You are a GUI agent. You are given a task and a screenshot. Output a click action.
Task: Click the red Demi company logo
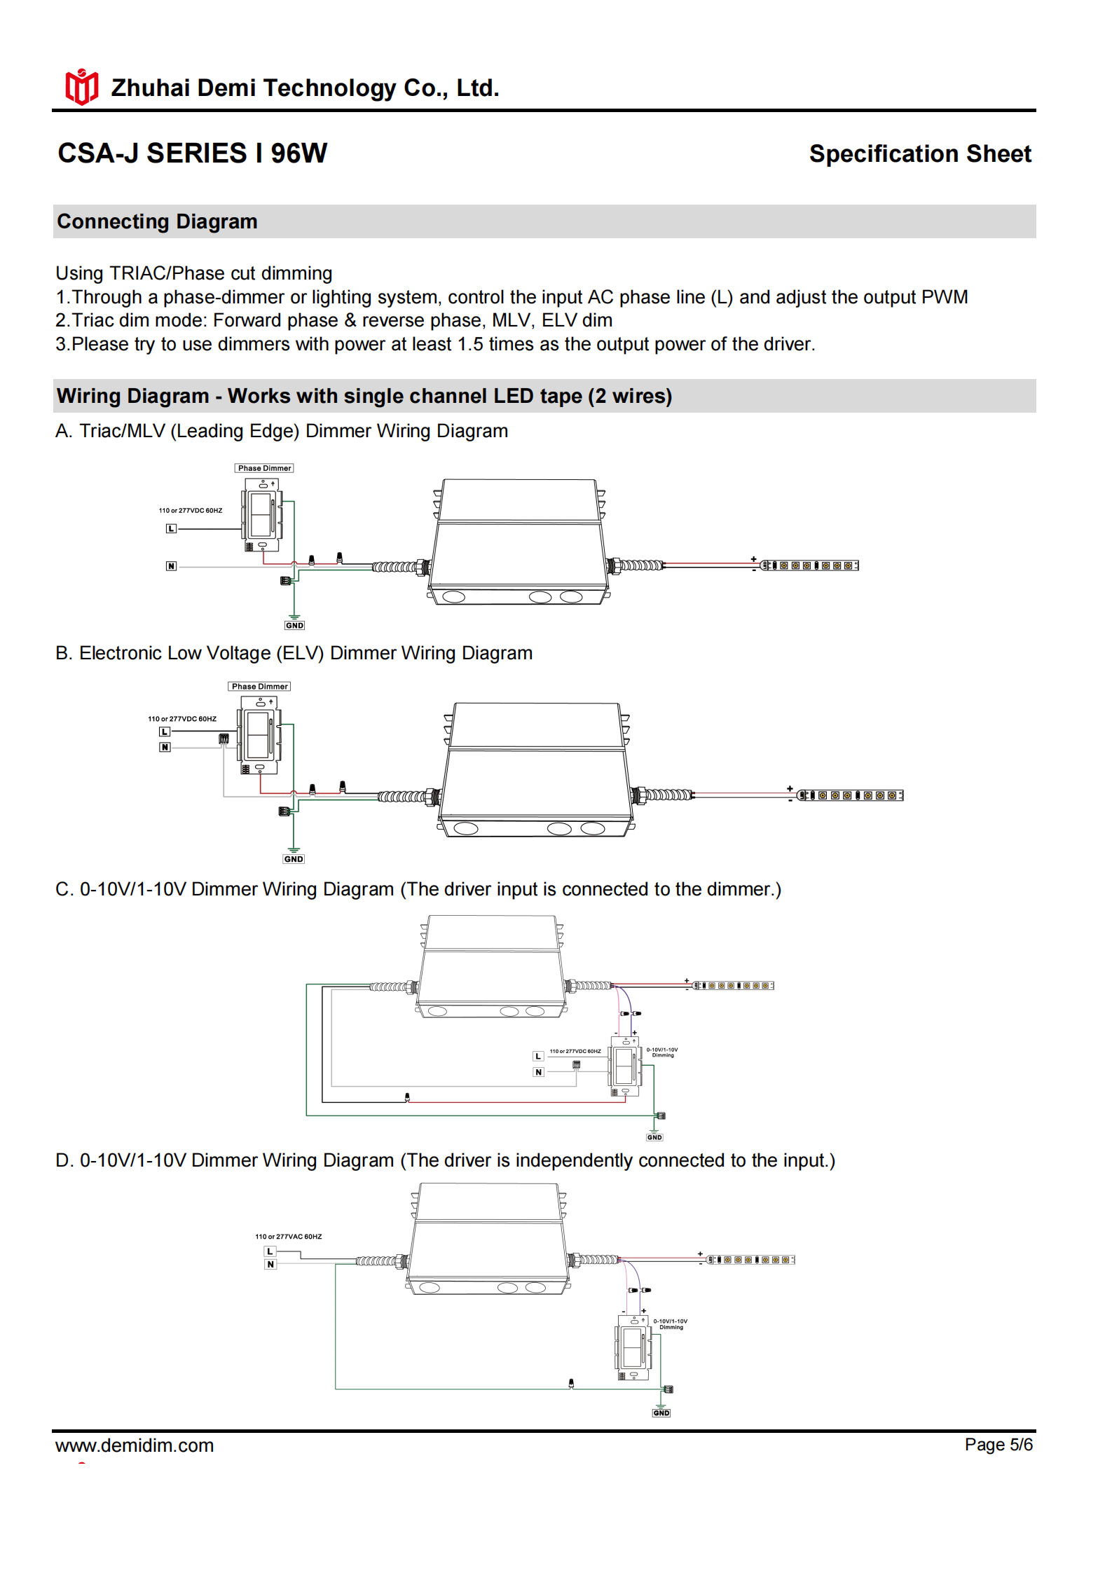(81, 87)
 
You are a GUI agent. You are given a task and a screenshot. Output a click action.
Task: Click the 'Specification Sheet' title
(919, 153)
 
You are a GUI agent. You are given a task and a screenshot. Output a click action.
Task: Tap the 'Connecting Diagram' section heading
(157, 221)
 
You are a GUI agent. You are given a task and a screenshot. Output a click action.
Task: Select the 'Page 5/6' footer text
(998, 1444)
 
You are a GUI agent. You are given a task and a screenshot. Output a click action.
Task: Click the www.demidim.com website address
(135, 1445)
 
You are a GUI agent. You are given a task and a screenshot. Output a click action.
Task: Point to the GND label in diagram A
(294, 625)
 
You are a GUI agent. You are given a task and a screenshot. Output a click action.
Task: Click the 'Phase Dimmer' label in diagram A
(264, 468)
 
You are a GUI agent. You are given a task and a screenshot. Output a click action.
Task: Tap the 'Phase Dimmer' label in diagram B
(259, 686)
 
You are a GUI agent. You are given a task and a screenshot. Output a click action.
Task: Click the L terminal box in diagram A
(171, 528)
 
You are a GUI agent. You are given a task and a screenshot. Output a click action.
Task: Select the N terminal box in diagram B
(165, 747)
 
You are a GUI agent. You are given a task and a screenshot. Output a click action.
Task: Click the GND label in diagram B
(294, 858)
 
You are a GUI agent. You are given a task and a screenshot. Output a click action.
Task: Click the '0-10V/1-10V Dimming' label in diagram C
(662, 1052)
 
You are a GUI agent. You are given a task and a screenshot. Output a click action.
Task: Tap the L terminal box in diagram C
(538, 1056)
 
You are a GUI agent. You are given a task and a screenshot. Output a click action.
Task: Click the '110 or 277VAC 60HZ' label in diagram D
(289, 1236)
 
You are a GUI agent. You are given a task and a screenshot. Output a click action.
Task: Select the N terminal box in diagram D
(270, 1264)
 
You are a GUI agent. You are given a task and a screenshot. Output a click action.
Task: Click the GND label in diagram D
(661, 1413)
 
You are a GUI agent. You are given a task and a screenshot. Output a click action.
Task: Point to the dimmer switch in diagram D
(634, 1347)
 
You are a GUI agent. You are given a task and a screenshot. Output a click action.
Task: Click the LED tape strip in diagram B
(851, 795)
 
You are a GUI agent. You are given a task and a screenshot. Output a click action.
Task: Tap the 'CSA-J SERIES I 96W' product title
(192, 153)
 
